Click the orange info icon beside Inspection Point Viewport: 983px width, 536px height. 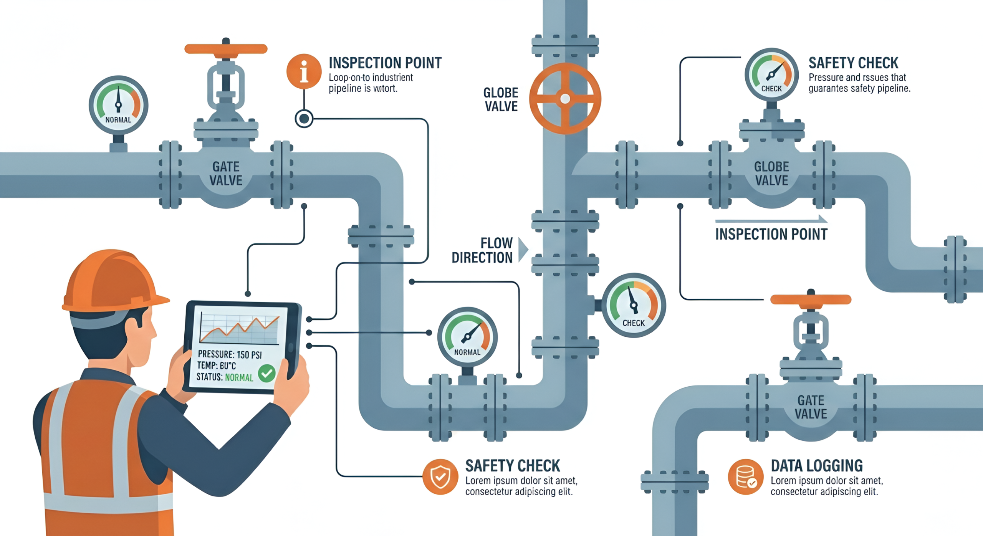point(304,71)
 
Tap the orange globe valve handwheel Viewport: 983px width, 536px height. point(565,99)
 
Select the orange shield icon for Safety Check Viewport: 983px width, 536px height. point(440,476)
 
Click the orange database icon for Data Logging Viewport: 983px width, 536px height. point(745,476)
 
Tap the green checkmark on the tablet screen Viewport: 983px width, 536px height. point(266,373)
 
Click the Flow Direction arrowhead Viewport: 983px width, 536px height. point(523,250)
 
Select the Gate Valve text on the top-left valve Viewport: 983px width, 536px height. point(226,174)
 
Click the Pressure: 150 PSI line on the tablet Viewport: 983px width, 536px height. point(230,354)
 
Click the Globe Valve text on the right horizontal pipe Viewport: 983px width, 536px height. point(771,174)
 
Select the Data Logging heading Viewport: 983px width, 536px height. point(817,465)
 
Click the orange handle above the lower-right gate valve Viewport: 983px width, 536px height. point(811,299)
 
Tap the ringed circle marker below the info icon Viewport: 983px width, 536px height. point(304,118)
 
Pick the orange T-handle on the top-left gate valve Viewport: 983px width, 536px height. point(226,49)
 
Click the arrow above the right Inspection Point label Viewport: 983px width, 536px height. point(771,220)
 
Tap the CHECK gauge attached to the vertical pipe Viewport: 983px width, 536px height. point(634,305)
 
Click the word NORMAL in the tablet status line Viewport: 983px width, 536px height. point(239,377)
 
